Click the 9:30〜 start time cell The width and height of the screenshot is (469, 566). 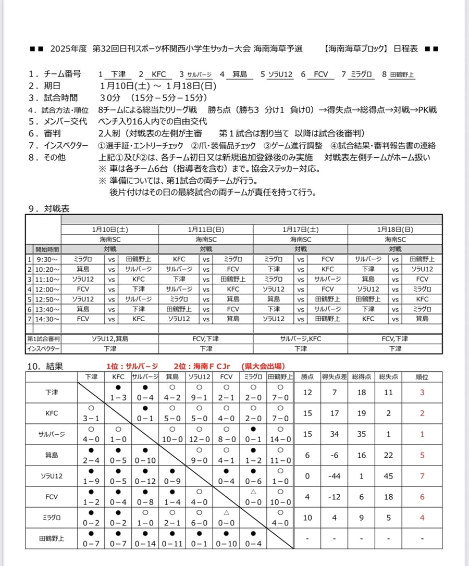click(x=47, y=259)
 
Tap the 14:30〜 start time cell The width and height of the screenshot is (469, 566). click(x=47, y=319)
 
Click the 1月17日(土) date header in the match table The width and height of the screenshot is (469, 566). click(x=301, y=229)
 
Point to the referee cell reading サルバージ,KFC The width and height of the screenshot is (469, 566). click(x=301, y=338)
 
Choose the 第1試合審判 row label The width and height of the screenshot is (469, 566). click(x=44, y=338)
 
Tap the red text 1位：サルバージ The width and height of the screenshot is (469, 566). click(x=132, y=366)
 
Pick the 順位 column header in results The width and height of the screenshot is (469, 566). click(x=422, y=376)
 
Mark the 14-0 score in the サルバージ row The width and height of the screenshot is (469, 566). click(x=280, y=439)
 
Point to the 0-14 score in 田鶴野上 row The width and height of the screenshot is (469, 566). click(x=145, y=544)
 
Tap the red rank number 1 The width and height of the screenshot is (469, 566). click(x=422, y=434)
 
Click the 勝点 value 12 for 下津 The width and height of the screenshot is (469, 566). click(x=307, y=393)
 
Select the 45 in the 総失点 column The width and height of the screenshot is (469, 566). click(x=388, y=476)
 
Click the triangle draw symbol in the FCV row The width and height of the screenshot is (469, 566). click(x=253, y=491)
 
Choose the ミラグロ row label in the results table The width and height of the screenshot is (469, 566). click(x=52, y=518)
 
